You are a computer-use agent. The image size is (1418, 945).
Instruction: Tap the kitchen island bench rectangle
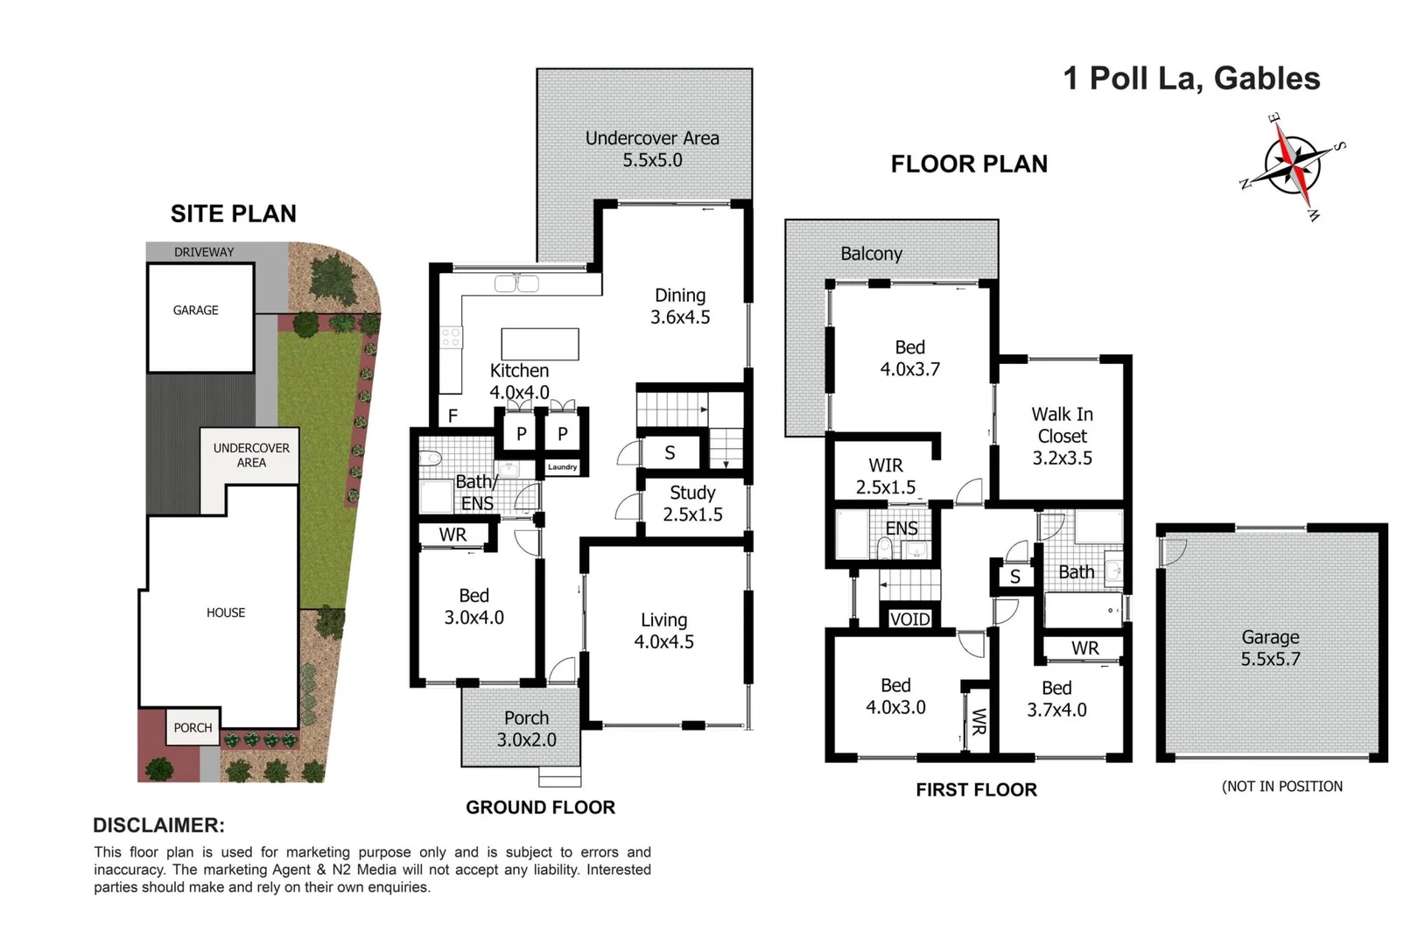[x=539, y=344]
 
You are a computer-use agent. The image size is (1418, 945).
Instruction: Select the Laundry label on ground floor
[x=562, y=467]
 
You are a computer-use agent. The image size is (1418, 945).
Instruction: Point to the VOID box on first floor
[x=909, y=619]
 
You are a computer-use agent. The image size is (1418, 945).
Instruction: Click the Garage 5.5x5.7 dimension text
[x=1270, y=660]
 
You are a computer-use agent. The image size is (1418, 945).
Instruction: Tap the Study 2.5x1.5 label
[x=691, y=503]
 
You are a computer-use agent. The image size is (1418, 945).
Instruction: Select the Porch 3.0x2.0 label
[x=526, y=729]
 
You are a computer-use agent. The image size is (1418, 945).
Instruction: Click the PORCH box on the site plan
[x=193, y=727]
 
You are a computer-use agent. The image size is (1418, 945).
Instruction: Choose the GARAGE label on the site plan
[x=195, y=310]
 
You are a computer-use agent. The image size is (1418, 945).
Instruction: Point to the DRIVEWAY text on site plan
[x=204, y=252]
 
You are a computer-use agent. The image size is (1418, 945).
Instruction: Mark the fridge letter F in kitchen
[x=453, y=416]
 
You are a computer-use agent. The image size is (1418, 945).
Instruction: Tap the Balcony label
[x=871, y=254]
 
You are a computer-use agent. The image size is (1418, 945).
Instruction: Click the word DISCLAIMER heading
[x=158, y=825]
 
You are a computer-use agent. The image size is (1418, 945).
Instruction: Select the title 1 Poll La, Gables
[x=1191, y=79]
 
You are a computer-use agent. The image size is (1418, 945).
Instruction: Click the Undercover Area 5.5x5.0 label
[x=652, y=149]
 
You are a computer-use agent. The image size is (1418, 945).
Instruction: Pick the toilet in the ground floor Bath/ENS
[x=429, y=458]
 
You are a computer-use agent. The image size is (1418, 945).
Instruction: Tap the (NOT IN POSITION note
[x=1281, y=787]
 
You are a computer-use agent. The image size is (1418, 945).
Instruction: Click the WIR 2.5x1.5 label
[x=886, y=476]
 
